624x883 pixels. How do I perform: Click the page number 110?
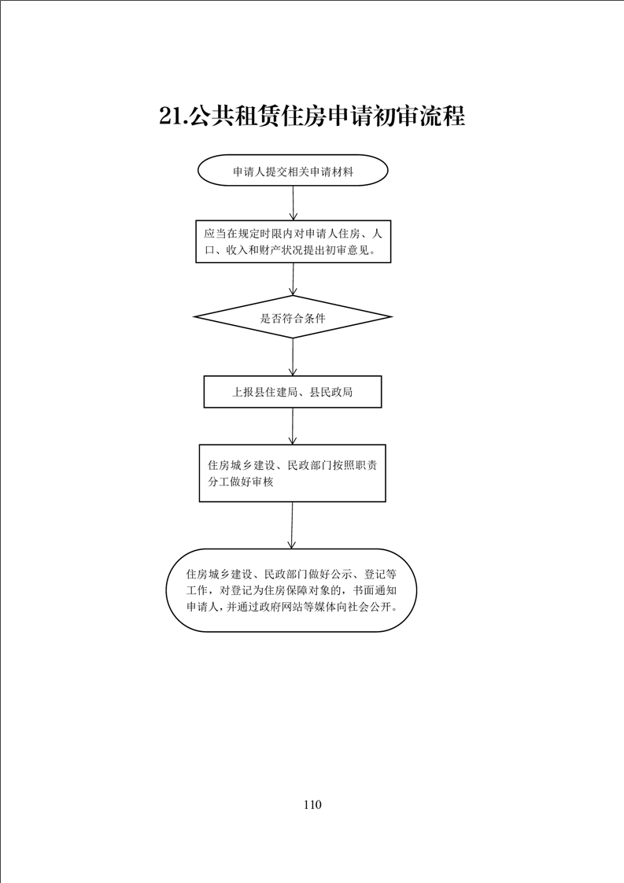[312, 805]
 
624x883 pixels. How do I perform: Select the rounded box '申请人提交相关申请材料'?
[293, 171]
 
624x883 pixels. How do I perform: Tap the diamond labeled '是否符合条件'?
[293, 317]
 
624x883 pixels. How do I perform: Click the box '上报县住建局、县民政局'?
[293, 391]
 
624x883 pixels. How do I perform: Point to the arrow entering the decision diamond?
[293, 279]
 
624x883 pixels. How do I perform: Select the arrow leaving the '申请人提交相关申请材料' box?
[293, 203]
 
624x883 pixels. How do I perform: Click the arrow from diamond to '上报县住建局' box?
[293, 357]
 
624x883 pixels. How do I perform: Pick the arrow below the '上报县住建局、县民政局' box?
[292, 426]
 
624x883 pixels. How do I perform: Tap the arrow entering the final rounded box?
[292, 525]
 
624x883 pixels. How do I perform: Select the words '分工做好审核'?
[241, 482]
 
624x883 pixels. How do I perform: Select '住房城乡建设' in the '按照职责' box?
[241, 466]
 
